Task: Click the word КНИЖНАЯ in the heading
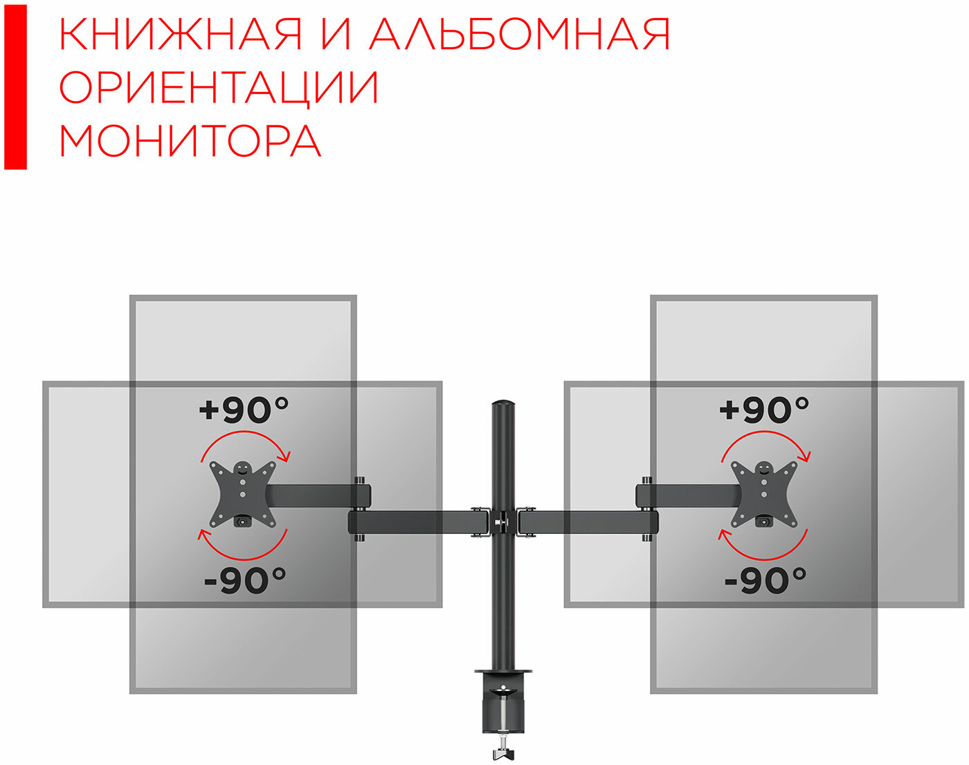180,34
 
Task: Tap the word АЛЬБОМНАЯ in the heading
520,34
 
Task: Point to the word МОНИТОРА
190,140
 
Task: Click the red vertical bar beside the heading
15,87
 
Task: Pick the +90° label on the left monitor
244,410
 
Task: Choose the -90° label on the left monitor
245,580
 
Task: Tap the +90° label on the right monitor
763,410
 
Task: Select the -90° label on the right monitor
765,580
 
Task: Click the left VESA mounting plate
243,494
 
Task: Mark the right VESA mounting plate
763,494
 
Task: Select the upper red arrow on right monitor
765,432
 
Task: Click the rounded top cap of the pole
503,403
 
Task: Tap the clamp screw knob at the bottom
503,753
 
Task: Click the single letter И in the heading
336,34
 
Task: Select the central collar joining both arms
503,522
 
